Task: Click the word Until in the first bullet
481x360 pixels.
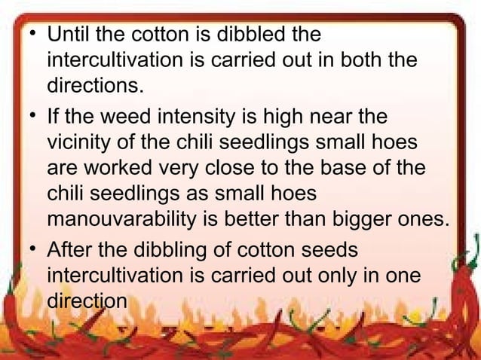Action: click(x=66, y=35)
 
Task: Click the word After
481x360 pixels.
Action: click(x=69, y=250)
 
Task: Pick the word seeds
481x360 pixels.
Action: click(x=311, y=250)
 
